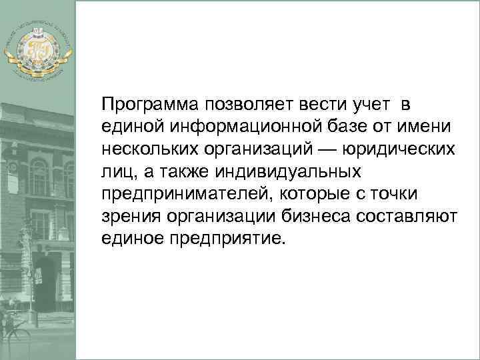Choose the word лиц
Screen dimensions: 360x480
click(114, 171)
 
